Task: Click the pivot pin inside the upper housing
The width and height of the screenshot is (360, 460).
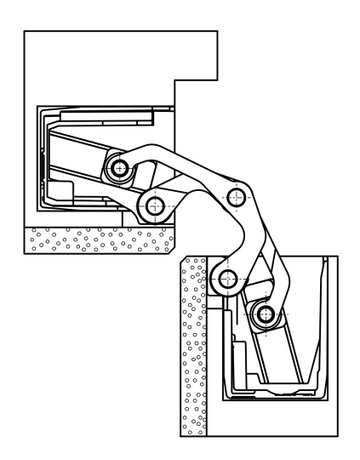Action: (x=121, y=168)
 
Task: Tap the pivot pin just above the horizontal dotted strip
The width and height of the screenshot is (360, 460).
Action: (x=153, y=206)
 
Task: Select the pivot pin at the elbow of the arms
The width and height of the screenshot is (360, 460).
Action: (x=237, y=196)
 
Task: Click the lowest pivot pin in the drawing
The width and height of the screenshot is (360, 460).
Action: (x=263, y=317)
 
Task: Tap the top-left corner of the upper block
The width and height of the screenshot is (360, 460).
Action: (x=23, y=32)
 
